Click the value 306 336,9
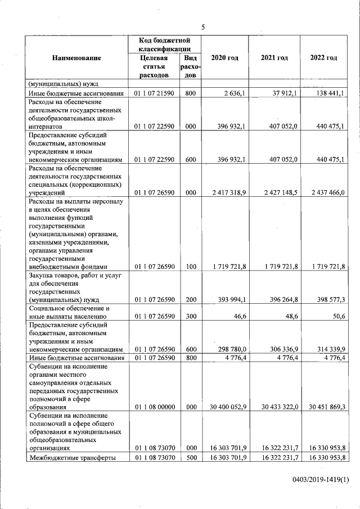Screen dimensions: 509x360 (x=281, y=350)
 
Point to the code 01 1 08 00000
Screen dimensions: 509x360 (x=155, y=407)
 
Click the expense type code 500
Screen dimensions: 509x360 (x=190, y=457)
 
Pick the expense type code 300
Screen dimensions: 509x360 (x=190, y=317)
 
